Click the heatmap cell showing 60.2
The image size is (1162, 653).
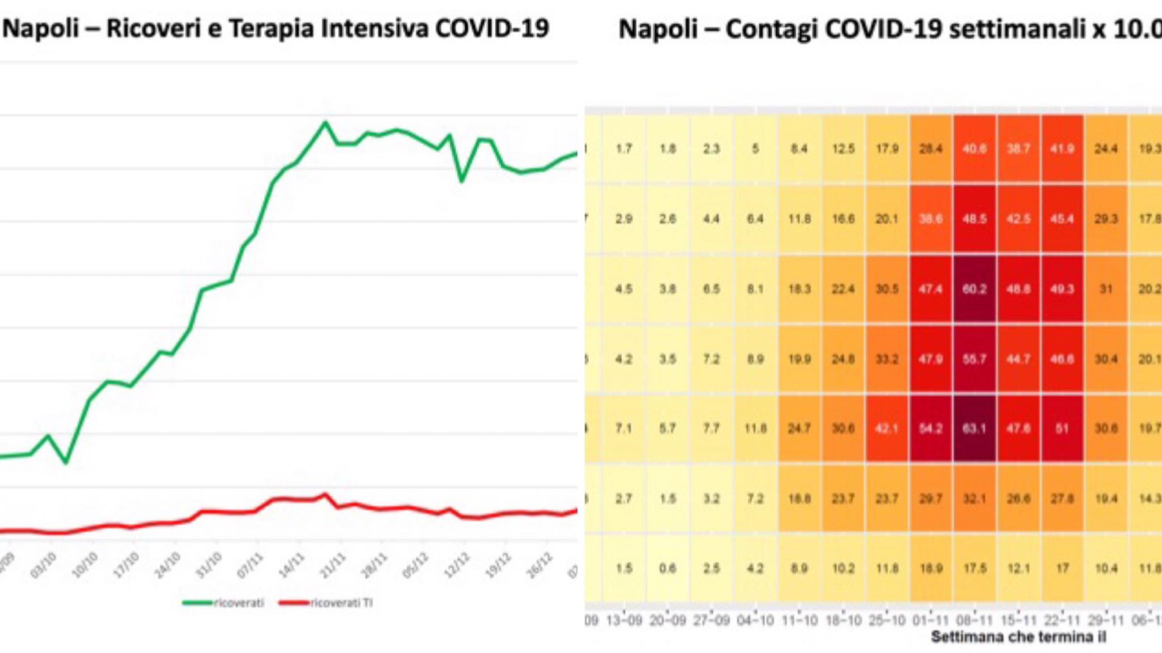click(974, 289)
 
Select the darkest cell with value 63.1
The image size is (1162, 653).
click(974, 429)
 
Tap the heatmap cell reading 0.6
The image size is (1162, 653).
click(667, 568)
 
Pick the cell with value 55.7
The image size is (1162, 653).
click(974, 359)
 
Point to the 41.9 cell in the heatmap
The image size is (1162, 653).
click(1062, 149)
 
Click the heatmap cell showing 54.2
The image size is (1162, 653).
click(931, 429)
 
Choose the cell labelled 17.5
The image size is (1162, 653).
click(974, 568)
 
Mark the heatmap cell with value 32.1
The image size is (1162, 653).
click(974, 499)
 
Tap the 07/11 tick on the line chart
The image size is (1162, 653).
click(250, 565)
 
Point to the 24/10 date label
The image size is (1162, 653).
click(168, 565)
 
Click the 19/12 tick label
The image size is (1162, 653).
click(499, 565)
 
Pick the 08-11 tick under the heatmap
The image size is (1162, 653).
click(974, 621)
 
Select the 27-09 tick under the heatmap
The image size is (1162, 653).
click(711, 621)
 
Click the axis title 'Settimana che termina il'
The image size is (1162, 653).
click(1018, 637)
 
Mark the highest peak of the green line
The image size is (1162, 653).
click(325, 122)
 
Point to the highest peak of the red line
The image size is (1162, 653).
click(325, 495)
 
